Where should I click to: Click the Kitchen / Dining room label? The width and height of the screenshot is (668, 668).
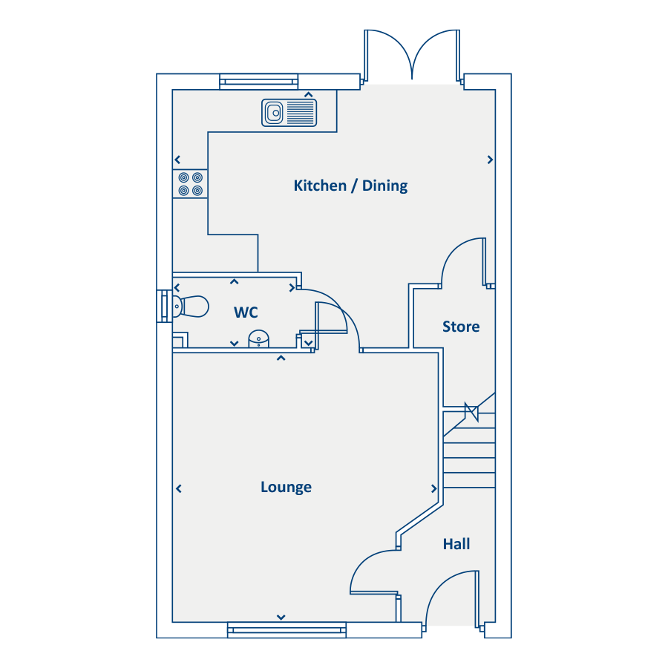tap(350, 186)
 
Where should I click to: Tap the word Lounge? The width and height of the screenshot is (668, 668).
tap(286, 487)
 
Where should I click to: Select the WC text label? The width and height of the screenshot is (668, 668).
tap(246, 312)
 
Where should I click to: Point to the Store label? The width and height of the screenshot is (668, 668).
tap(461, 327)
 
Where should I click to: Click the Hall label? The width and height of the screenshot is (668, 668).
tap(456, 544)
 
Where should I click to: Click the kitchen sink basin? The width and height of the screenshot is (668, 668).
tap(274, 113)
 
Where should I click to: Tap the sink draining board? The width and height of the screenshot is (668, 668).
tap(301, 113)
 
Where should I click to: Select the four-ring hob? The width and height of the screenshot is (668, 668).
tap(190, 183)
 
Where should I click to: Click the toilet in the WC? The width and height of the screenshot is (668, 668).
tap(190, 307)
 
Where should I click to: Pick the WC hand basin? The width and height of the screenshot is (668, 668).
tap(258, 339)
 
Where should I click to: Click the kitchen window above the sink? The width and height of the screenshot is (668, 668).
tap(258, 82)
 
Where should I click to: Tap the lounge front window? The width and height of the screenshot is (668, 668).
tap(286, 629)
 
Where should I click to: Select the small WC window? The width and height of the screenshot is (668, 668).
tap(165, 306)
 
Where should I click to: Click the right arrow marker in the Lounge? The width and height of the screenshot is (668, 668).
tap(434, 488)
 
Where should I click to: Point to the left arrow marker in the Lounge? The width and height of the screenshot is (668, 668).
tap(179, 488)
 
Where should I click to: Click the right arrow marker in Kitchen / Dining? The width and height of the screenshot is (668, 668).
tap(491, 160)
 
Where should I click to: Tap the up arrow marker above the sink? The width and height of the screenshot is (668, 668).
tap(309, 94)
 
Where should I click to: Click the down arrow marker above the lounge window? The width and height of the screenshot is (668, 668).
tap(281, 617)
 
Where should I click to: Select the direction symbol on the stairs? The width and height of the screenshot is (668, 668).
tap(471, 412)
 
